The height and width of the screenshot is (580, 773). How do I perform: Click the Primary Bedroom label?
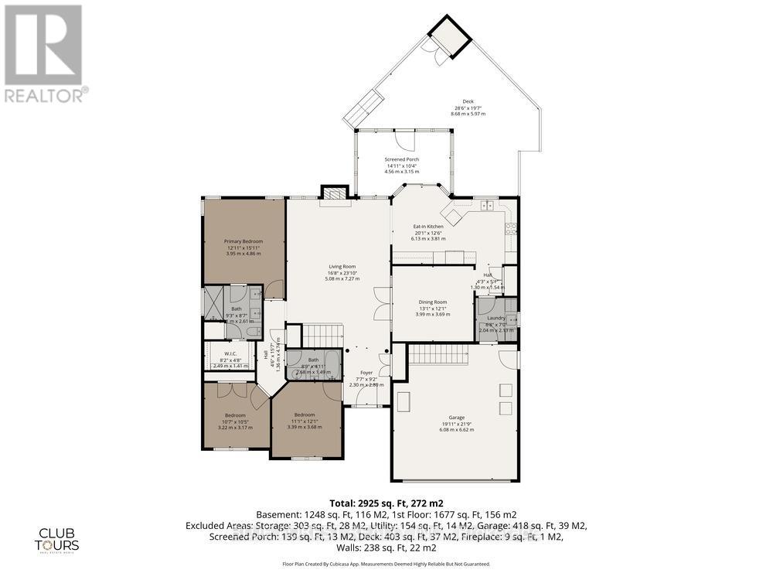(x=243, y=241)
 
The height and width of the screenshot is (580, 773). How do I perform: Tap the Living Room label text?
(x=342, y=267)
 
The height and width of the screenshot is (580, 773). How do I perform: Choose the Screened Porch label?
(x=402, y=160)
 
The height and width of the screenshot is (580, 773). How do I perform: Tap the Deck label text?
(x=468, y=101)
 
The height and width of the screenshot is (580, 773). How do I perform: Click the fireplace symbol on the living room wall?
(x=335, y=193)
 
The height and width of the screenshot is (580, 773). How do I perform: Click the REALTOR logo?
(x=44, y=53)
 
